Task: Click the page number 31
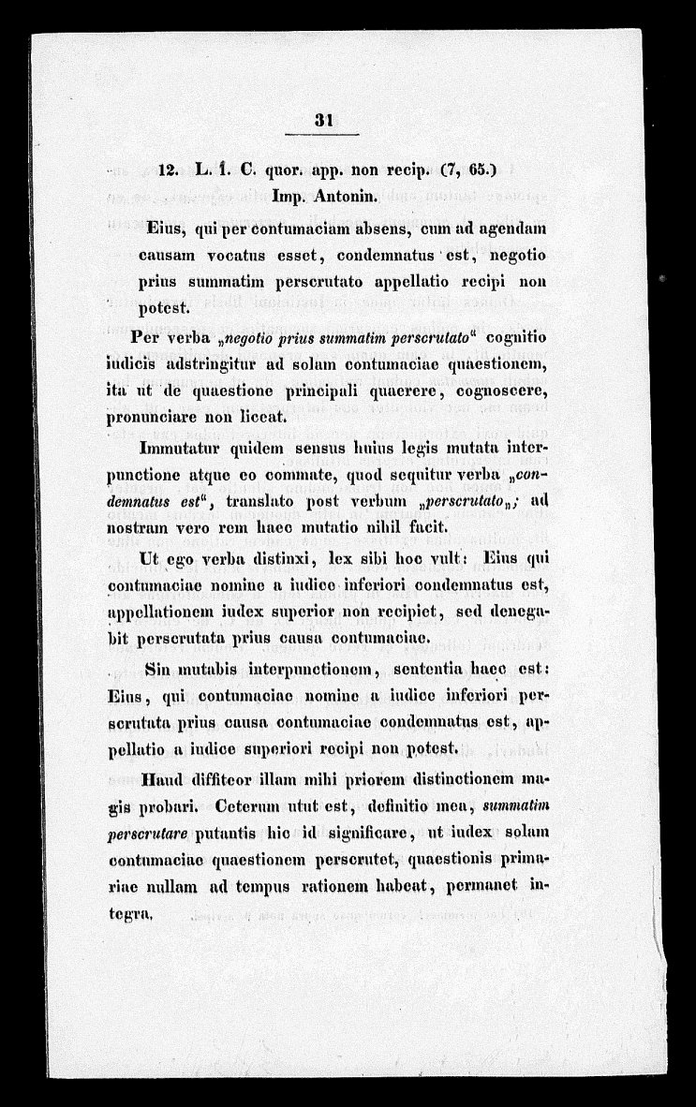326,120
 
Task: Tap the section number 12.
170,170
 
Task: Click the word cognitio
520,337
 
